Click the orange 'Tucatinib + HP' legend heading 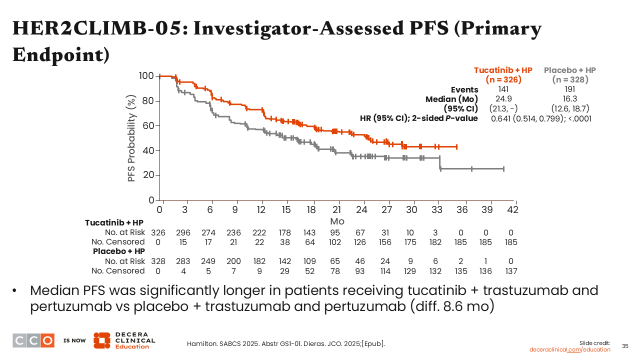pos(503,70)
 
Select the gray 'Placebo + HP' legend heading pos(570,70)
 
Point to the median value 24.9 pos(503,98)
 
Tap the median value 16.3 pos(570,98)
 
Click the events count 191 pos(570,89)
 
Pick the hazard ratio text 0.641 pos(501,118)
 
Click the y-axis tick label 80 pos(147,101)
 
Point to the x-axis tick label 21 pos(336,210)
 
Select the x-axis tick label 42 pos(512,210)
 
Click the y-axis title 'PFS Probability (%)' pos(132,138)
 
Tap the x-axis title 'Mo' pos(337,221)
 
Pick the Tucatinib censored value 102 pos(335,242)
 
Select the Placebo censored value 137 pos(510,271)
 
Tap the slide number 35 pos(625,346)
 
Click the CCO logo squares pos(33,340)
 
